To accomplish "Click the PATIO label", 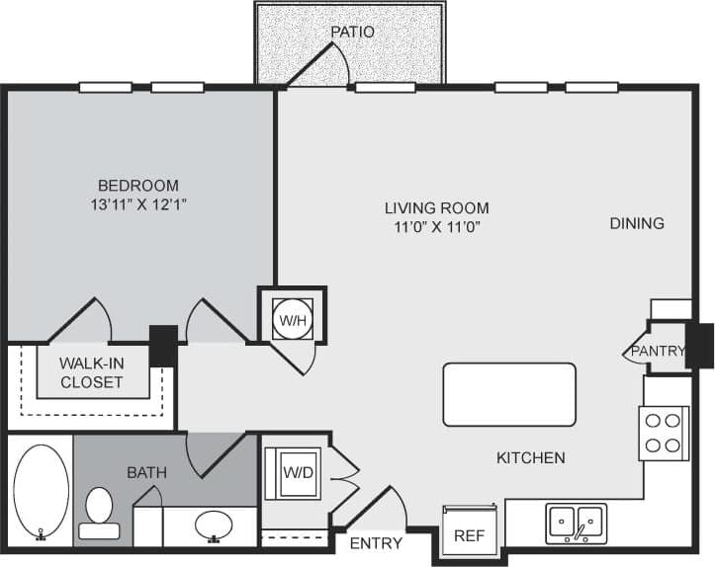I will tap(352, 31).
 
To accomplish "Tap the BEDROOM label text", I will tap(137, 185).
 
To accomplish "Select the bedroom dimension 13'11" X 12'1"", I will tap(137, 204).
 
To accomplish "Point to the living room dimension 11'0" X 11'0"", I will tap(437, 226).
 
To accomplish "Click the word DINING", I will tap(636, 223).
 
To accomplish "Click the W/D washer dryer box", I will tap(292, 472).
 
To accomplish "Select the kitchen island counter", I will tap(508, 394).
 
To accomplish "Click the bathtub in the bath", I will tap(41, 492).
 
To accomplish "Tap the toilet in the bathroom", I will tap(99, 513).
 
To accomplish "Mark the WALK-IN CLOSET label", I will tap(92, 372).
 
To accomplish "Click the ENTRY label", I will tap(376, 542).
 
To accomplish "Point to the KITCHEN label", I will tap(530, 457).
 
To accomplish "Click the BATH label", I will tap(146, 472).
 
